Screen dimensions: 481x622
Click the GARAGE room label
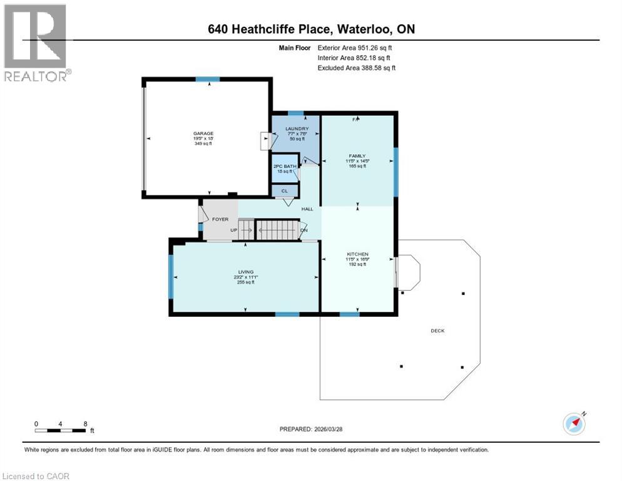[203, 133]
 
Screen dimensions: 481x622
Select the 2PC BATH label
[281, 166]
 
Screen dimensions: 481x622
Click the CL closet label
[283, 190]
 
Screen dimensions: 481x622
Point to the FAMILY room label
[357, 156]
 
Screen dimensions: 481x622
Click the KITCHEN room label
[357, 254]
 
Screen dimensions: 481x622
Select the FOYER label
[220, 219]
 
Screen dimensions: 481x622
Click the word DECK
[437, 331]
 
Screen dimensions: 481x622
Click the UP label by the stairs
[235, 230]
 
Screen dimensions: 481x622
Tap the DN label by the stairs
[304, 230]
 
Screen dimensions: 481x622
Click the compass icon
[574, 423]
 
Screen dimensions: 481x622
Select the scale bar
[61, 430]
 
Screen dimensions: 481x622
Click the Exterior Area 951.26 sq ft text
[356, 48]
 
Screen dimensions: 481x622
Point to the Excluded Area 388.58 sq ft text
[356, 68]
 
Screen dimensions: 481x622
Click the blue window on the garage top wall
[207, 80]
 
